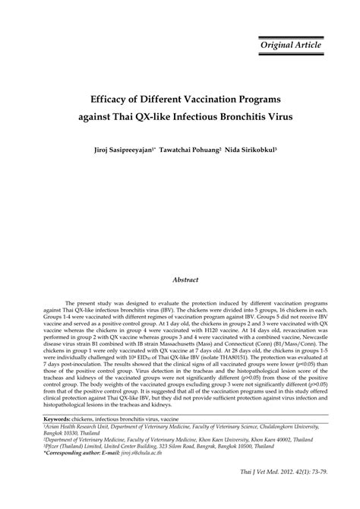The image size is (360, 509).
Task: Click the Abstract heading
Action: point(185,280)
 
